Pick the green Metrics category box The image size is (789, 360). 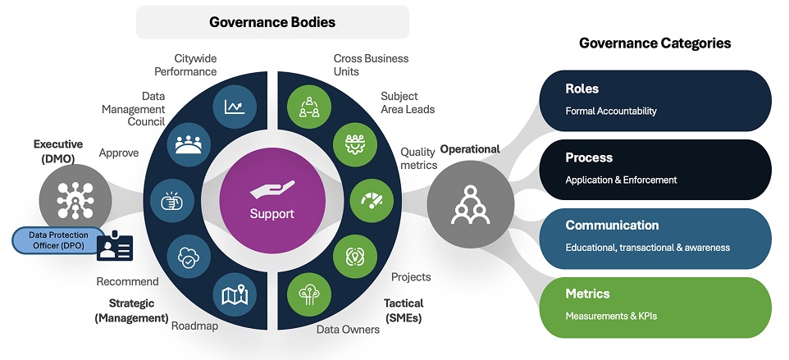(x=654, y=305)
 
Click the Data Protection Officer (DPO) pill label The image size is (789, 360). (x=61, y=239)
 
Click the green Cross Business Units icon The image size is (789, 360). (x=308, y=107)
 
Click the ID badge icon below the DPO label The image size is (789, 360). (x=115, y=246)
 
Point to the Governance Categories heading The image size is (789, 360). (x=654, y=43)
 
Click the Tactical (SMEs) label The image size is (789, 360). (x=403, y=310)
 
